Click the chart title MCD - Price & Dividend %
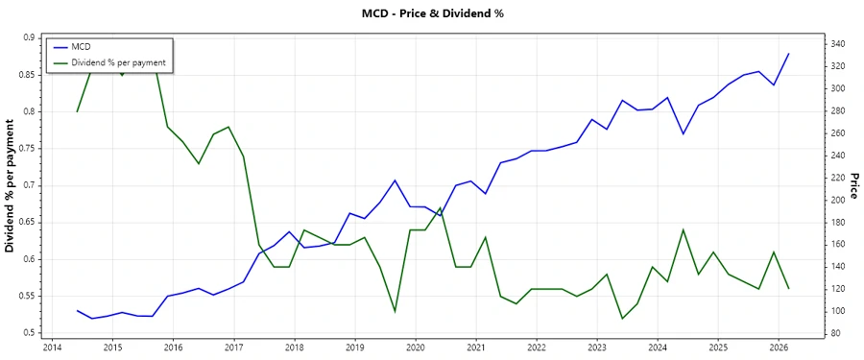pyautogui.click(x=431, y=13)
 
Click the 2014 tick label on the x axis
pyautogui.click(x=52, y=347)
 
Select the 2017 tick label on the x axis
pyautogui.click(x=233, y=347)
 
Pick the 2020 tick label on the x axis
pyautogui.click(x=416, y=347)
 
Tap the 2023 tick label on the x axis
pyautogui.click(x=597, y=347)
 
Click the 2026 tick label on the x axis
pyautogui.click(x=779, y=347)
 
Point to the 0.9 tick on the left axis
pyautogui.click(x=29, y=37)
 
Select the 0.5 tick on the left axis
pyautogui.click(x=29, y=333)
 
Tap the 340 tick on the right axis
pyautogui.click(x=836, y=44)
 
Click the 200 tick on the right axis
pyautogui.click(x=836, y=200)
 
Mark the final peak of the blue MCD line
pyautogui.click(x=789, y=54)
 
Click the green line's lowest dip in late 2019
pyautogui.click(x=395, y=311)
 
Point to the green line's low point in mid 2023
pyautogui.click(x=622, y=319)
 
